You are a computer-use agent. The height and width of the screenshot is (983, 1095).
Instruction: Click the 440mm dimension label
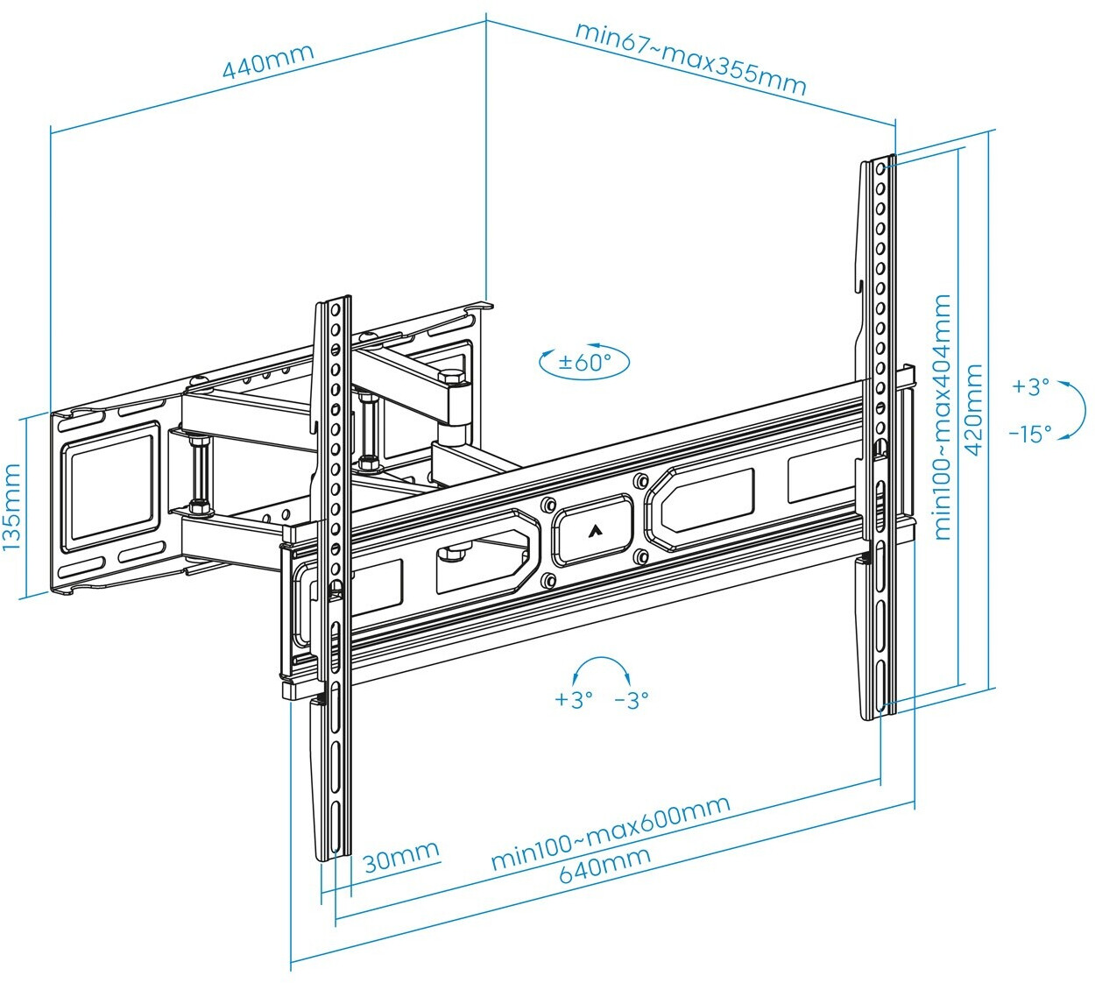(267, 60)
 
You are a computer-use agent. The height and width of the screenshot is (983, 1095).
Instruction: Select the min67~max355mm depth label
(689, 59)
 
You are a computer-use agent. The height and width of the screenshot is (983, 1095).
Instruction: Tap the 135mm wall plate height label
(11, 507)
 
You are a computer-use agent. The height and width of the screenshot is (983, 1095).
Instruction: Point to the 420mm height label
(973, 409)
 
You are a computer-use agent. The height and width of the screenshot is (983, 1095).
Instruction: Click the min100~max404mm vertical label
(942, 417)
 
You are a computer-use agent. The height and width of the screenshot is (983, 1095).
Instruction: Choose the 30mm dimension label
(400, 857)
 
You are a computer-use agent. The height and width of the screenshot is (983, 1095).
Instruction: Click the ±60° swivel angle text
(584, 362)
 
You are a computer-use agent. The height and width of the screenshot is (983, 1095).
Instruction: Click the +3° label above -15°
(1030, 386)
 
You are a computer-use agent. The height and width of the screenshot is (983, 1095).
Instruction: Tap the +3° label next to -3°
(574, 700)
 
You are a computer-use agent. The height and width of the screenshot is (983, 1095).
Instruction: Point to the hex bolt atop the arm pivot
(451, 379)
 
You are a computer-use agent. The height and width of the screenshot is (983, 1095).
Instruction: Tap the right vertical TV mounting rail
(880, 438)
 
